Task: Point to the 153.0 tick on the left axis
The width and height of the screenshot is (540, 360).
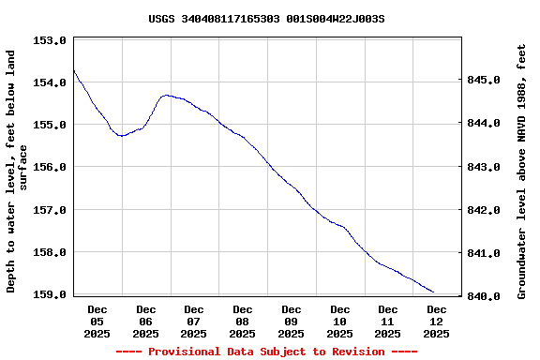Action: (49, 40)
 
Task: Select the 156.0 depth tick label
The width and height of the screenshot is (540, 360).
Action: (49, 167)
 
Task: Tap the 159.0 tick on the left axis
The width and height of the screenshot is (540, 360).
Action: (49, 294)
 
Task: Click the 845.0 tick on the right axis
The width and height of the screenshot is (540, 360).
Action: (484, 81)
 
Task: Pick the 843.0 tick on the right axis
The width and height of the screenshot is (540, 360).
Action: (484, 167)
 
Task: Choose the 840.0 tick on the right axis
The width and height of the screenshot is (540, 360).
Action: (484, 296)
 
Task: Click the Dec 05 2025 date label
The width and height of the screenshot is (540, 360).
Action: (97, 321)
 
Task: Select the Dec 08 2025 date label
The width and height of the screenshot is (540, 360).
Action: (243, 321)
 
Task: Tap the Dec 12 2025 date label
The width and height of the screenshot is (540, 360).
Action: (436, 321)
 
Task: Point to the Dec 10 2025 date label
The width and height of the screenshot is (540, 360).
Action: (339, 321)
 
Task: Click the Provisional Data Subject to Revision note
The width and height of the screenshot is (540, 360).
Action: (266, 352)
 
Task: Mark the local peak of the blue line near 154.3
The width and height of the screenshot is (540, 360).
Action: (166, 95)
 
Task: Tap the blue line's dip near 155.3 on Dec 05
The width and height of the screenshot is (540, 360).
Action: (121, 136)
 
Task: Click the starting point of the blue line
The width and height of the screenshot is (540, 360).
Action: (73, 69)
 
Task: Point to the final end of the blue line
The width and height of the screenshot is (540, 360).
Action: (434, 292)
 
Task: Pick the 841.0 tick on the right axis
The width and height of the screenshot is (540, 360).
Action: (484, 253)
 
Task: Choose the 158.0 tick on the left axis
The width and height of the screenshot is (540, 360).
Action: (49, 252)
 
